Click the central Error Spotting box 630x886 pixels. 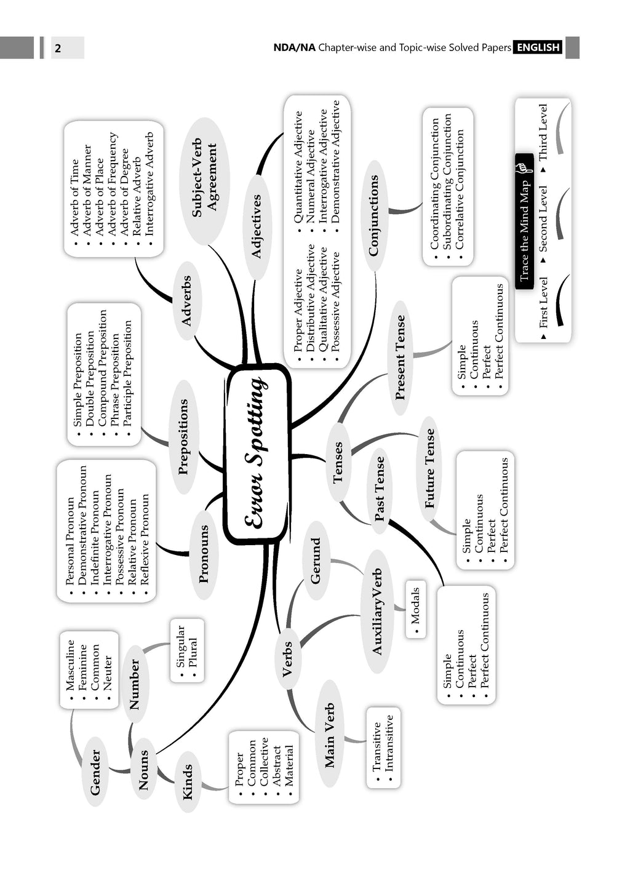click(x=257, y=452)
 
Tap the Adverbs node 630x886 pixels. click(x=186, y=301)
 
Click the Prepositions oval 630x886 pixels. click(x=183, y=437)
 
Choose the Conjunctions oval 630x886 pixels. click(x=373, y=215)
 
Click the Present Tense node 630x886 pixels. click(x=401, y=358)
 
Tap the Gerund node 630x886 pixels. click(x=316, y=561)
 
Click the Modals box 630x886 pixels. click(x=416, y=609)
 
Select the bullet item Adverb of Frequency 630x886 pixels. click(x=113, y=184)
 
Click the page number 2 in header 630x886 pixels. click(x=58, y=48)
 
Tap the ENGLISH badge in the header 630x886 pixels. click(x=538, y=47)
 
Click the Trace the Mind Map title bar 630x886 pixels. click(x=524, y=221)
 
